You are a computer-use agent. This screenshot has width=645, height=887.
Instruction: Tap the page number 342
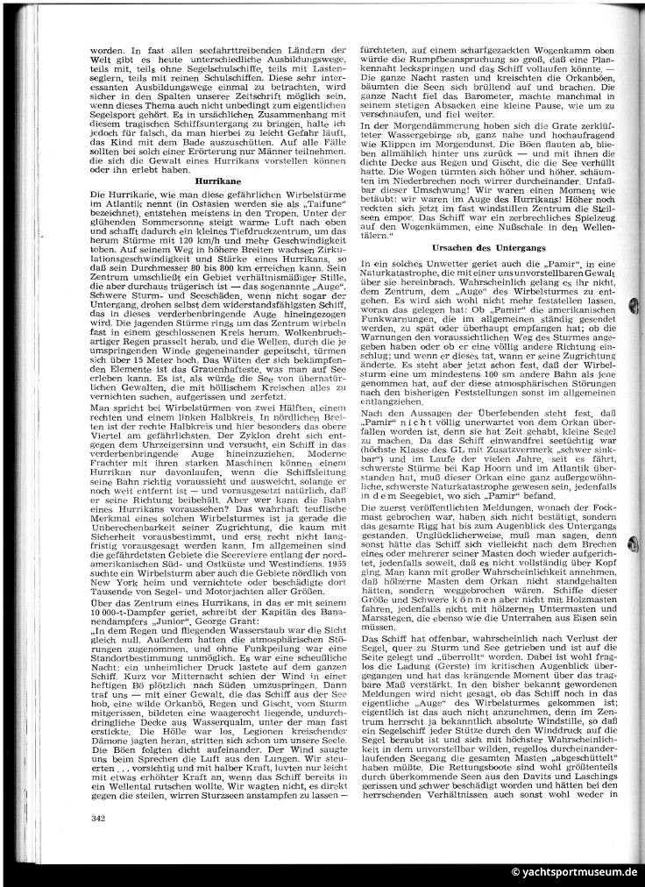click(97, 817)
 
